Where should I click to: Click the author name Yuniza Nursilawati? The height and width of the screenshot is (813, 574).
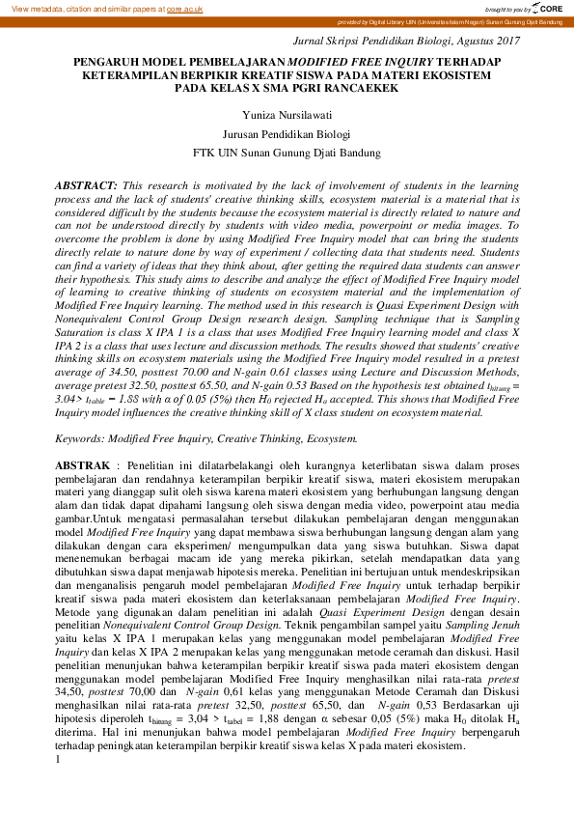pos(286,114)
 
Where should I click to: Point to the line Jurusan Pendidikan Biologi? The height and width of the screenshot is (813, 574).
pos(286,133)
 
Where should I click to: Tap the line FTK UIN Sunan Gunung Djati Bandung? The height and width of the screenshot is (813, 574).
pos(286,153)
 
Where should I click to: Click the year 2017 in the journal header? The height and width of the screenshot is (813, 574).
pos(505,41)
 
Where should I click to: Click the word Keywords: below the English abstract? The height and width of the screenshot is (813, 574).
pos(80,438)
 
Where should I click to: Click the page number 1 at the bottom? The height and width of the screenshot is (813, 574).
pos(58,760)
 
